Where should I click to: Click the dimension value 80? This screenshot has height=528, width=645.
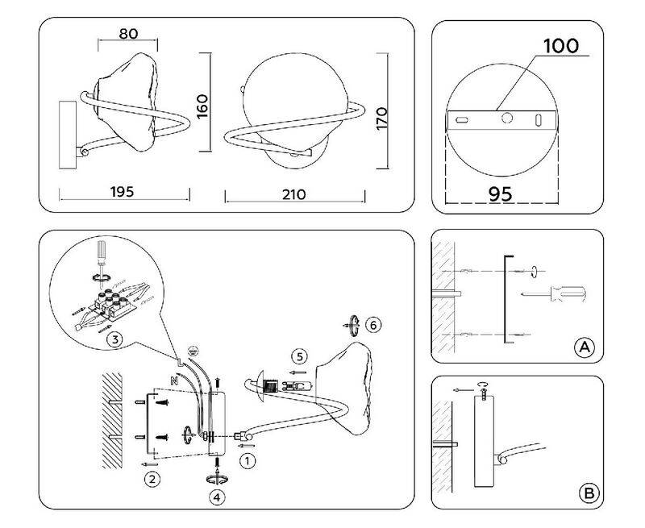coord(128,33)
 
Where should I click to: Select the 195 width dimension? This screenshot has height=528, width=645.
coord(123,192)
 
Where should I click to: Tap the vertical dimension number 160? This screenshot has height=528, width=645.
coord(202,106)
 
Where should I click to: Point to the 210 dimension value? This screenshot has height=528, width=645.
coord(293,194)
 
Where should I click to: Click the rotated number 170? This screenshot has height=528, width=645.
coord(381,118)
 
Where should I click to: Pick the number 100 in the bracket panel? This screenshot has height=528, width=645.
coord(561,46)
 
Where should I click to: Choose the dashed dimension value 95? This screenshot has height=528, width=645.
coord(500,193)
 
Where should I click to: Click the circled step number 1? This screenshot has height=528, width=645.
coord(248,460)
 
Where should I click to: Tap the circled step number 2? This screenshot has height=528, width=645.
coord(152,479)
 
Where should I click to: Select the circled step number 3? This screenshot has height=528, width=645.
coord(114,339)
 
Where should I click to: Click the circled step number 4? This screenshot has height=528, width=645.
coord(217,497)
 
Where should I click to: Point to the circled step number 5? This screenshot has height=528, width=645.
coord(300,356)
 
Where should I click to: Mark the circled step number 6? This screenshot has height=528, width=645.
coord(373,326)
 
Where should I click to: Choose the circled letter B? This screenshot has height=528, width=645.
coord(589,493)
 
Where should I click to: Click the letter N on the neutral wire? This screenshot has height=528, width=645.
coord(174,380)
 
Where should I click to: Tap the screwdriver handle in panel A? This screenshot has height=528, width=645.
coord(568,293)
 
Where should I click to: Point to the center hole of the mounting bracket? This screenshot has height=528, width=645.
coord(507,118)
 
